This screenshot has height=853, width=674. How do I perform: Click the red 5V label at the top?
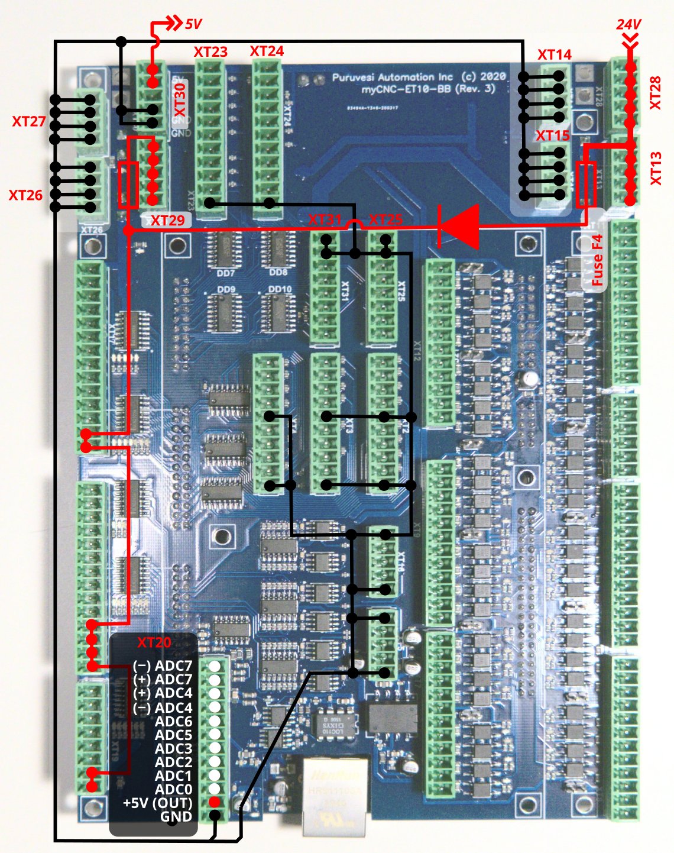(x=193, y=24)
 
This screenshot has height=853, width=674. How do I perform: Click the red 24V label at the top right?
(x=628, y=24)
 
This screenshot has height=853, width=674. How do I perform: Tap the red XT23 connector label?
(x=210, y=52)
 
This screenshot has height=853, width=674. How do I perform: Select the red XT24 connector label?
(x=267, y=51)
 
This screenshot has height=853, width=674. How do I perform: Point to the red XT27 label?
(x=29, y=121)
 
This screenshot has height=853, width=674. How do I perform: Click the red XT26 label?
(x=25, y=195)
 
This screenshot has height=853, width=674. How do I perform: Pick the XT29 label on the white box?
(x=167, y=221)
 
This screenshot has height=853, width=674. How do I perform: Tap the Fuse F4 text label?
(x=597, y=260)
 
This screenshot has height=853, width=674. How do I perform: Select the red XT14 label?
(x=554, y=55)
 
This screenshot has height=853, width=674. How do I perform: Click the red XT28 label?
(x=655, y=93)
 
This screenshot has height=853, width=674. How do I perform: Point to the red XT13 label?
(x=656, y=169)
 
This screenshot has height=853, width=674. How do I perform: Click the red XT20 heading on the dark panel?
(x=154, y=642)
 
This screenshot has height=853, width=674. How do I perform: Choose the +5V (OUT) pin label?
(x=157, y=803)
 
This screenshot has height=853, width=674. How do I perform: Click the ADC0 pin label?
(x=173, y=789)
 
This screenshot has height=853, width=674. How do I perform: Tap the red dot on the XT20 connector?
(x=215, y=802)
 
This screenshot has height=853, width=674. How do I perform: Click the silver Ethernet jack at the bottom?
(x=335, y=796)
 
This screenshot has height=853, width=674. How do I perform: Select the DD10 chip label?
(x=279, y=290)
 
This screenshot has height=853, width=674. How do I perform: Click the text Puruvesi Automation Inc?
(x=393, y=77)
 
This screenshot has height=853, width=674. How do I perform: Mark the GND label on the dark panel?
(x=176, y=817)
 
